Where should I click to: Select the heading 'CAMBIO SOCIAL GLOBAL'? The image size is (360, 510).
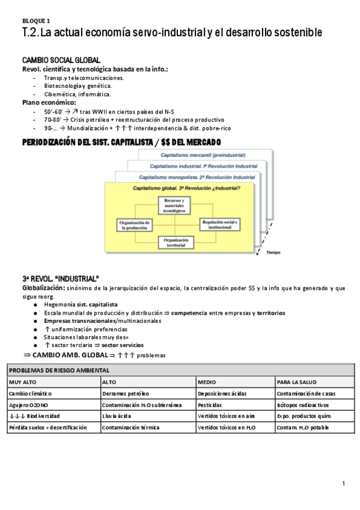tap(61, 61)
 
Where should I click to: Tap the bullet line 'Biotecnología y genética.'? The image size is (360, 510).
tap(78, 86)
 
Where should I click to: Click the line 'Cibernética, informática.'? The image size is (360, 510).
tap(78, 94)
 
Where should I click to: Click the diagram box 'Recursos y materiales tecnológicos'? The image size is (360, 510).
tap(173, 206)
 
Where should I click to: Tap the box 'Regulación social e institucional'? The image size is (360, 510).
tap(220, 224)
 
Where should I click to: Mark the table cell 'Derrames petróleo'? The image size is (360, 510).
tap(126, 393)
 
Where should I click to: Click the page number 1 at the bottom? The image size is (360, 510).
tap(343, 484)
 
